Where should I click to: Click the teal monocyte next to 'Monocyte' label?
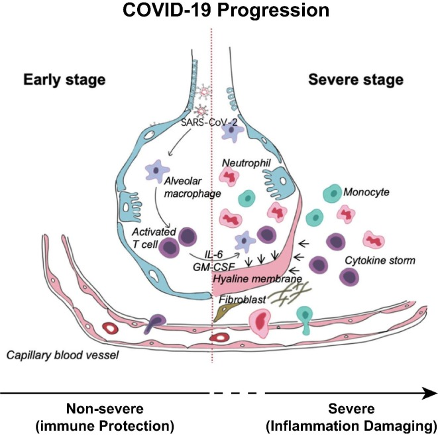point(333,194)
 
